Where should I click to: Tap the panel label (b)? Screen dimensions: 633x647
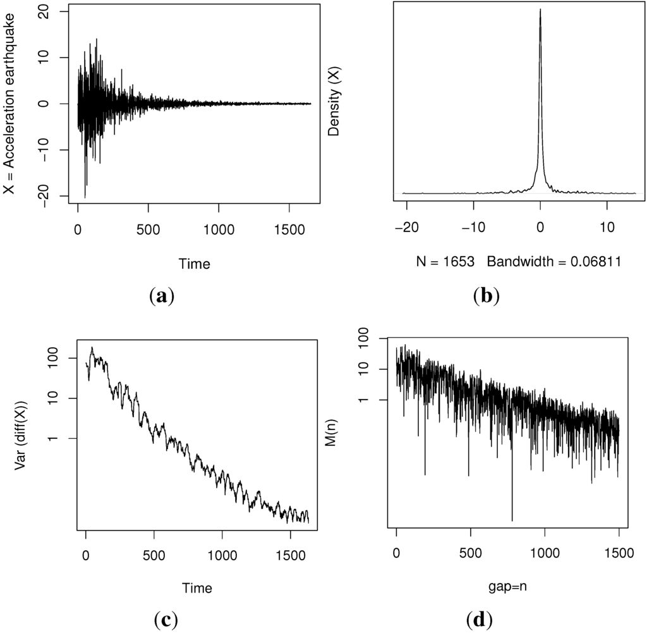[486, 295]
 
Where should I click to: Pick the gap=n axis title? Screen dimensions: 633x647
[507, 587]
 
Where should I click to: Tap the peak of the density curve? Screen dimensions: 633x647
[540, 9]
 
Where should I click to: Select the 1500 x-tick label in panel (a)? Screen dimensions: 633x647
[289, 231]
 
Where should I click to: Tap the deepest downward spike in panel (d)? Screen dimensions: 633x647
[512, 520]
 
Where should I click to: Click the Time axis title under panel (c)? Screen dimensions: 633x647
[197, 587]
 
